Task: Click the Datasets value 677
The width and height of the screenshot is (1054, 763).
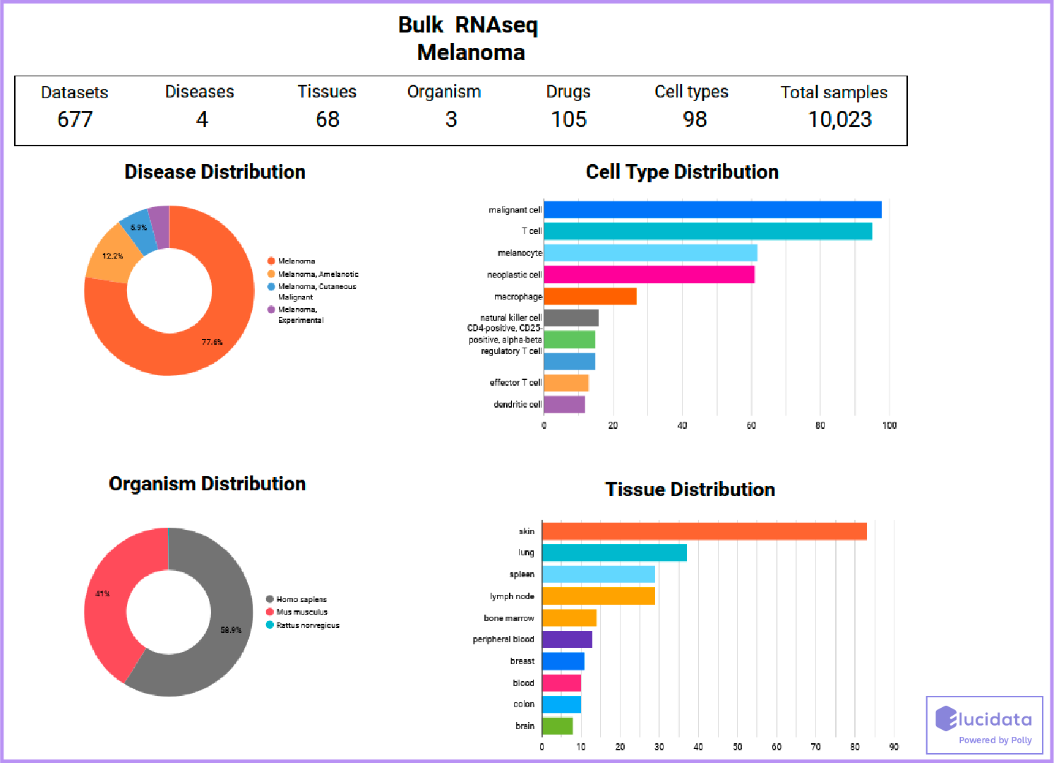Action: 75,119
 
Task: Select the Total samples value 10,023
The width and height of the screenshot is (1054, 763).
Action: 839,119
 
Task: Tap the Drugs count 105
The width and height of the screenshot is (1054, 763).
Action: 568,119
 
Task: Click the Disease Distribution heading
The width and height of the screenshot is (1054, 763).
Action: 215,172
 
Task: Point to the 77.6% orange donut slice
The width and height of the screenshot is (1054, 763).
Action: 212,342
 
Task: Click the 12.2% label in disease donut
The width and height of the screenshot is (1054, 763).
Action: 112,256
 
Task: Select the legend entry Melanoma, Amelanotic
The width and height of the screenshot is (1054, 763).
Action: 318,274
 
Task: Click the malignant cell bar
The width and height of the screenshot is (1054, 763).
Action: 712,210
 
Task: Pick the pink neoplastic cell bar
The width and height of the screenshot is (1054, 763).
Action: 649,274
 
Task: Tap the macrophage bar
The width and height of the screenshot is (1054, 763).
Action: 589,297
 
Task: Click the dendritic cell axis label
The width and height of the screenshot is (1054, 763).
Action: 517,405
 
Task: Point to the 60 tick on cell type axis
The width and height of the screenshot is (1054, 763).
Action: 751,425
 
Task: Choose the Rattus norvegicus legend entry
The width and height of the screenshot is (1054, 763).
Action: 308,625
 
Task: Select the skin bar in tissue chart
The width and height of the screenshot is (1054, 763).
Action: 704,531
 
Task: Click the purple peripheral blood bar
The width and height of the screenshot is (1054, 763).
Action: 567,639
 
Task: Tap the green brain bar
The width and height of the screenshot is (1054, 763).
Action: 557,726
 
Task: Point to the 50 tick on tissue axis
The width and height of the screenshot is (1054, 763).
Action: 737,747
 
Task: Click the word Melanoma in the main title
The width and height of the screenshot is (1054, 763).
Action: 471,52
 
